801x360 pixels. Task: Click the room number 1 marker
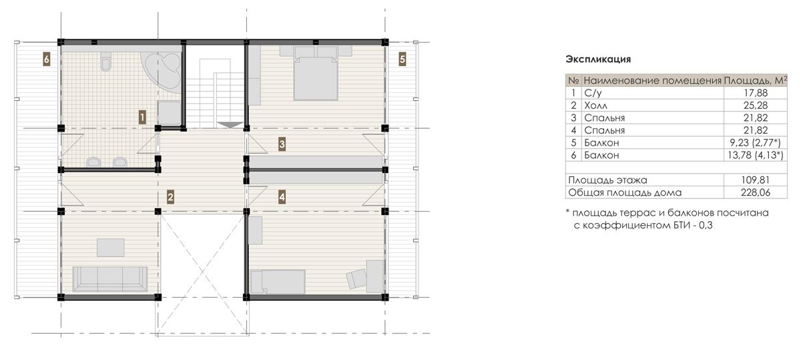pyautogui.click(x=142, y=117)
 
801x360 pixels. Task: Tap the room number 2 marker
pyautogui.click(x=170, y=197)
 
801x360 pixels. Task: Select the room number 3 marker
pyautogui.click(x=282, y=144)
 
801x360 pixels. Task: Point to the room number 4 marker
pyautogui.click(x=282, y=197)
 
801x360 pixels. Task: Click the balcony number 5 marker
pyautogui.click(x=403, y=59)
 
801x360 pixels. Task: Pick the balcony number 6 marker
pyautogui.click(x=46, y=59)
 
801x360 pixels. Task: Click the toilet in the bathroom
pyautogui.click(x=106, y=61)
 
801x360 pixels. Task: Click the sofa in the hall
pyautogui.click(x=109, y=279)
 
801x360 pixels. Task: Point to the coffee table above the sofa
pyautogui.click(x=111, y=248)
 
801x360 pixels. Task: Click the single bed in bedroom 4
pyautogui.click(x=278, y=282)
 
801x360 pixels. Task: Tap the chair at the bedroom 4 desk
pyautogui.click(x=355, y=279)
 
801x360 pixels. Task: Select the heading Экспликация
pyautogui.click(x=598, y=59)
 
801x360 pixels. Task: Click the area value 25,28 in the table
pyautogui.click(x=755, y=106)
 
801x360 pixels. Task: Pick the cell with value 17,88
pyautogui.click(x=756, y=93)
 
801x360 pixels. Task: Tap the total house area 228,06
pyautogui.click(x=755, y=192)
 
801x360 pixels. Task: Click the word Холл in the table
pyautogui.click(x=595, y=106)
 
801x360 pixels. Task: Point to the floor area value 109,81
pyautogui.click(x=755, y=180)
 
